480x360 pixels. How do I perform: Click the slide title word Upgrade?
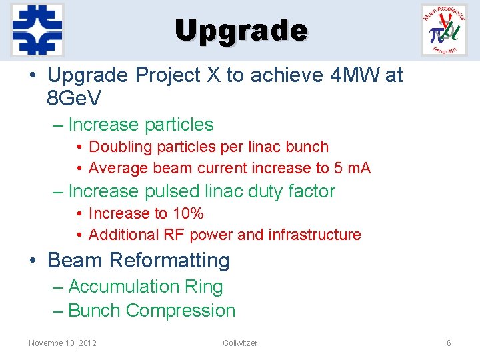(x=241, y=31)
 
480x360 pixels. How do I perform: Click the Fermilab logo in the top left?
(x=37, y=30)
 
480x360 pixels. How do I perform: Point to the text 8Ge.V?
(x=75, y=99)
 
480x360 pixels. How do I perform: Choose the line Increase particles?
(x=141, y=125)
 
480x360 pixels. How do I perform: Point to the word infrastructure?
(x=314, y=235)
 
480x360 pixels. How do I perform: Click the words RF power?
(x=209, y=235)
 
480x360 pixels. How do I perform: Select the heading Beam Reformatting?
(x=138, y=260)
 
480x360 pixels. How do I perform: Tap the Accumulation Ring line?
(x=145, y=287)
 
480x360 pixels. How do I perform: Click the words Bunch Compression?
(x=151, y=311)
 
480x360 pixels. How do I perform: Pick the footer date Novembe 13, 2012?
(x=63, y=343)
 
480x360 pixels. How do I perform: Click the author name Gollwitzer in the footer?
(x=240, y=343)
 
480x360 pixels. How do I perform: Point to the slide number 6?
(x=449, y=343)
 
